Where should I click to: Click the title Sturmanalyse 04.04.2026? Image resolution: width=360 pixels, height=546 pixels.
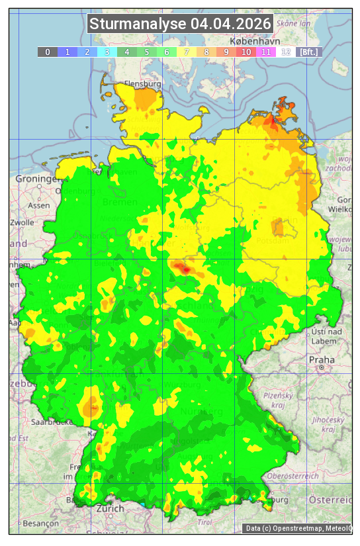(180, 24)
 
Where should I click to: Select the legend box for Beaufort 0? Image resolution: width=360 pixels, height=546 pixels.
(47, 52)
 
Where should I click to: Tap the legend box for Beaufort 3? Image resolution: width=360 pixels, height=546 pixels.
(107, 52)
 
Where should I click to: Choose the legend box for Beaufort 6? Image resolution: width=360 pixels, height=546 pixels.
(167, 52)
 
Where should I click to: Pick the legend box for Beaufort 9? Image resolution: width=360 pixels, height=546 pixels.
(226, 52)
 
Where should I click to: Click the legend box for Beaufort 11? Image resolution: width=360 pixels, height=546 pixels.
(266, 52)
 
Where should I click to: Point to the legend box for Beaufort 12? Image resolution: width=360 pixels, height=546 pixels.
(286, 52)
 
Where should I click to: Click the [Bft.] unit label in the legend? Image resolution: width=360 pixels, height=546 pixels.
(308, 52)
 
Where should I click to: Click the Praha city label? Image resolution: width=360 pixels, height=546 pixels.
(321, 359)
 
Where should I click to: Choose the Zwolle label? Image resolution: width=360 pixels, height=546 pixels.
(21, 222)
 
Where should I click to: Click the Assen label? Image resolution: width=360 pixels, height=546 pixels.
(39, 205)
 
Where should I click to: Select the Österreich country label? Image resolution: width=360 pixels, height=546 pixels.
(331, 500)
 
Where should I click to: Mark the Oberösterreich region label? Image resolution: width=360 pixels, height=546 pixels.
(293, 476)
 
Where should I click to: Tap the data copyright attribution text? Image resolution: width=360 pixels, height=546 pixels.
(298, 528)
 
